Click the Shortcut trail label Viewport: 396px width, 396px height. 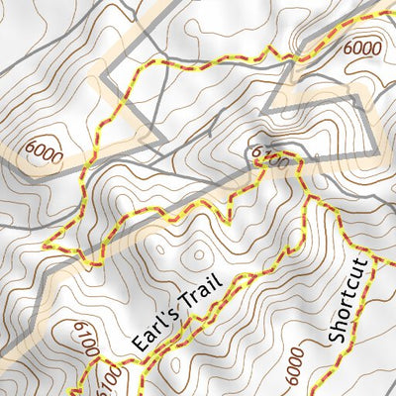click(348, 301)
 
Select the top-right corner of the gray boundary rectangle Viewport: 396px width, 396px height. click(354, 99)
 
